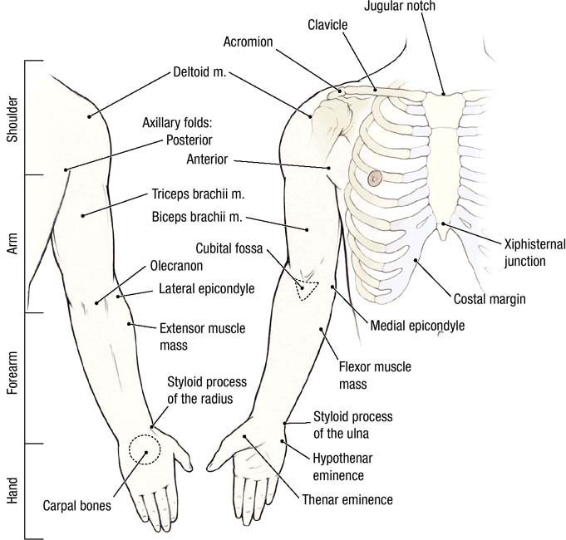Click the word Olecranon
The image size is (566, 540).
pyautogui.click(x=176, y=268)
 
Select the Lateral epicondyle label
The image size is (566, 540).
pyautogui.click(x=206, y=289)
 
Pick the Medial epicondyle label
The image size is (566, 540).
pyautogui.click(x=419, y=325)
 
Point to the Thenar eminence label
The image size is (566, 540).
pyautogui.click(x=347, y=499)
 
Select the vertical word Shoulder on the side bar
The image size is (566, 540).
pyautogui.click(x=12, y=117)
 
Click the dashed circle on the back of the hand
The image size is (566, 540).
pyautogui.click(x=145, y=449)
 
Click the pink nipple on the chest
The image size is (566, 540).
pyautogui.click(x=375, y=177)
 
